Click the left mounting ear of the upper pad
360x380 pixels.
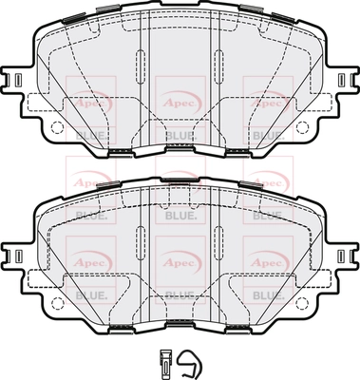(x=15, y=82)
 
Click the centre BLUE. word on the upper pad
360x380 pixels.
(x=180, y=135)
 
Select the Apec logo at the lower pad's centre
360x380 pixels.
(x=180, y=257)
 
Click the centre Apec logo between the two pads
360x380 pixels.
(x=180, y=175)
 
